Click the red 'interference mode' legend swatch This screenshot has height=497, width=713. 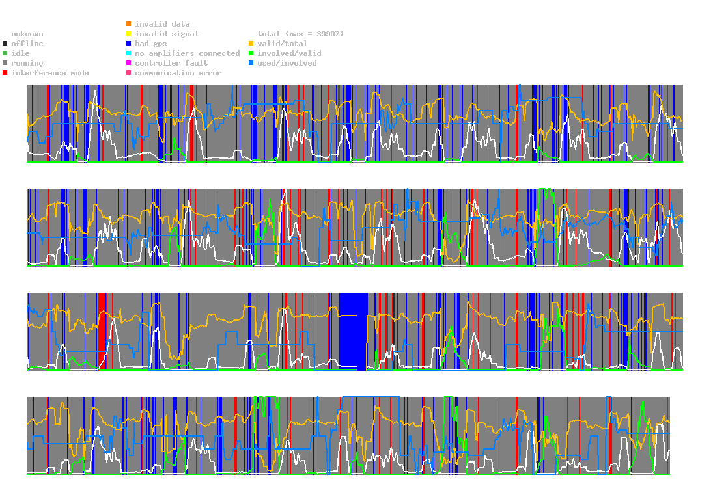point(5,73)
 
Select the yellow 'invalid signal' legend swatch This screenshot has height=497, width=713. point(129,34)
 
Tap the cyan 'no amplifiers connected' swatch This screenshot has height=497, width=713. point(129,53)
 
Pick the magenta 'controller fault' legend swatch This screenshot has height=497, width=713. point(129,63)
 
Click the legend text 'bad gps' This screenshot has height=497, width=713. point(150,44)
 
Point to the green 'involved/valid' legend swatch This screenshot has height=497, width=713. point(251,53)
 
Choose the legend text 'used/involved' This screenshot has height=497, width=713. point(287,63)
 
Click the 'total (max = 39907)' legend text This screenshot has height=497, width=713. point(300,34)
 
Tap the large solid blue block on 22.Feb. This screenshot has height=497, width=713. point(354,332)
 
